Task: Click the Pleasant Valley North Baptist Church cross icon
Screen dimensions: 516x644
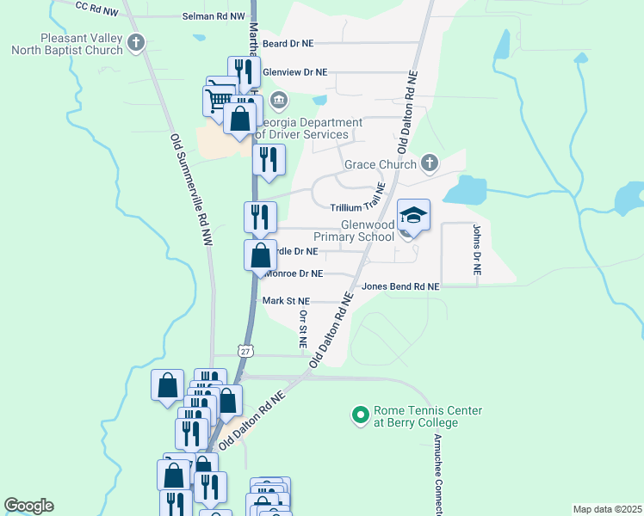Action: click(135, 41)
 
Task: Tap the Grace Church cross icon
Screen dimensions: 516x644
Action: click(430, 163)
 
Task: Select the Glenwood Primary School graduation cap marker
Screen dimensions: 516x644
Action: click(413, 216)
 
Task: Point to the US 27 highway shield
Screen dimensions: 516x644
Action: click(247, 351)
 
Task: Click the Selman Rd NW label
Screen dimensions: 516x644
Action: click(214, 16)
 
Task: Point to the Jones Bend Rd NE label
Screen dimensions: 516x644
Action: click(400, 286)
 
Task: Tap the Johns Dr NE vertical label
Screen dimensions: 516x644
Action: click(476, 249)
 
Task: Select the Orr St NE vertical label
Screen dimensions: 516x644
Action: click(303, 330)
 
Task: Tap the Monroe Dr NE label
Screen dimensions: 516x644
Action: click(294, 273)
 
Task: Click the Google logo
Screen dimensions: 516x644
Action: click(28, 506)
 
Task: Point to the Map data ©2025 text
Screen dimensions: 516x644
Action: click(606, 509)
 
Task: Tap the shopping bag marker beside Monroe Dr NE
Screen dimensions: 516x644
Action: click(260, 255)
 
